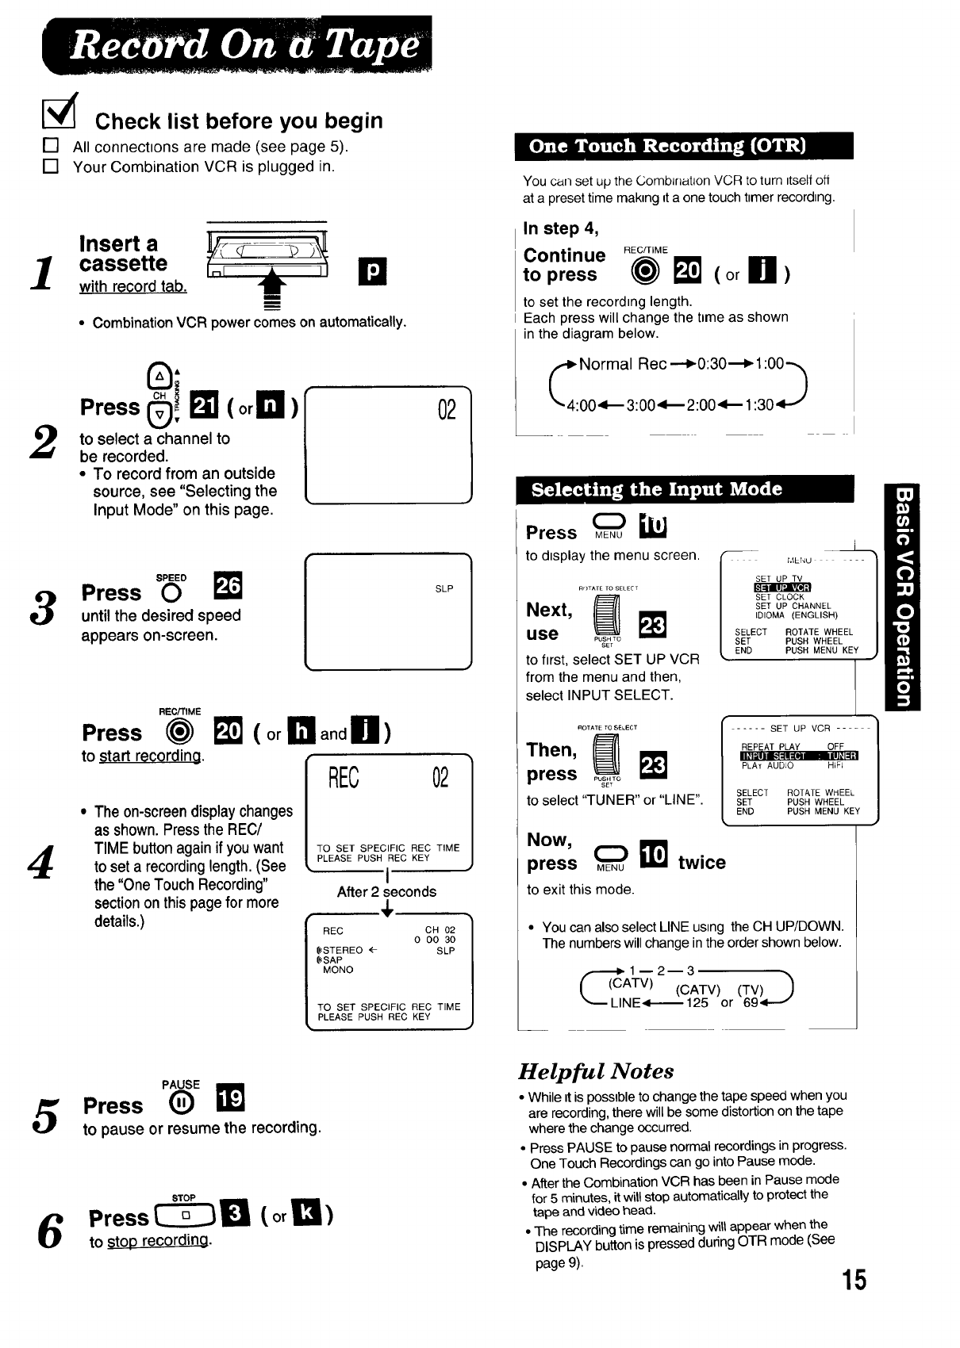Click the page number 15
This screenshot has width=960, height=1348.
click(854, 1280)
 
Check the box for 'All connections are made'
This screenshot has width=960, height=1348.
click(51, 146)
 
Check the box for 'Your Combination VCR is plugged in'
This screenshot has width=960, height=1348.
click(51, 167)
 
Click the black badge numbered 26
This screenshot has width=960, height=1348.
click(228, 585)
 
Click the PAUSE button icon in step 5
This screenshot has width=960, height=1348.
click(180, 1101)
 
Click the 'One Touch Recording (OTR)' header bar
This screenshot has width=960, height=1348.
click(683, 146)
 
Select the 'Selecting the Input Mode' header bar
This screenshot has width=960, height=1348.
click(684, 489)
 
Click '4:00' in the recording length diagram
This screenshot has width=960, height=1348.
click(581, 405)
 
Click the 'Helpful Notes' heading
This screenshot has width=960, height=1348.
click(596, 1071)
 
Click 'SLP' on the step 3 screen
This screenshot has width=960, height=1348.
click(444, 589)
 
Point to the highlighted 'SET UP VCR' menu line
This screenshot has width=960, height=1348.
click(782, 588)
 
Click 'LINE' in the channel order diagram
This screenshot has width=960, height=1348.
click(625, 1002)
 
